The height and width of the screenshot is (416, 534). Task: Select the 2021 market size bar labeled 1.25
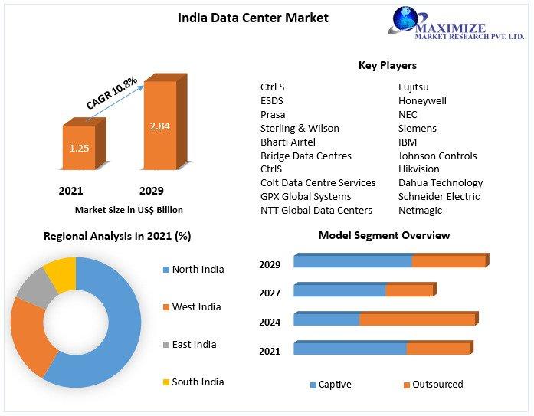pyautogui.click(x=79, y=146)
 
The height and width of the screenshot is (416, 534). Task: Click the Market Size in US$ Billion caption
pyautogui.click(x=129, y=209)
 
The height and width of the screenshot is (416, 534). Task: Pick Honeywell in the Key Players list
pyautogui.click(x=422, y=100)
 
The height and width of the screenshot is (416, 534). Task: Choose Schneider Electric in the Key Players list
pyautogui.click(x=439, y=196)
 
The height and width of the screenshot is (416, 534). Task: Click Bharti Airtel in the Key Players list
pyautogui.click(x=287, y=142)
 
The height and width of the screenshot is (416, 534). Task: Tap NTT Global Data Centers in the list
pyautogui.click(x=316, y=210)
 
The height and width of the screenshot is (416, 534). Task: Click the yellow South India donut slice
pyautogui.click(x=61, y=274)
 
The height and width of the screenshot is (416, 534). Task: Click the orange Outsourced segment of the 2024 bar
pyautogui.click(x=417, y=319)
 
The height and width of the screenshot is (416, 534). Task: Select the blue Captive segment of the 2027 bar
pyautogui.click(x=339, y=290)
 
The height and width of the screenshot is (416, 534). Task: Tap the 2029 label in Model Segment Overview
pyautogui.click(x=270, y=264)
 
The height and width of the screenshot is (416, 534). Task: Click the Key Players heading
pyautogui.click(x=387, y=66)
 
